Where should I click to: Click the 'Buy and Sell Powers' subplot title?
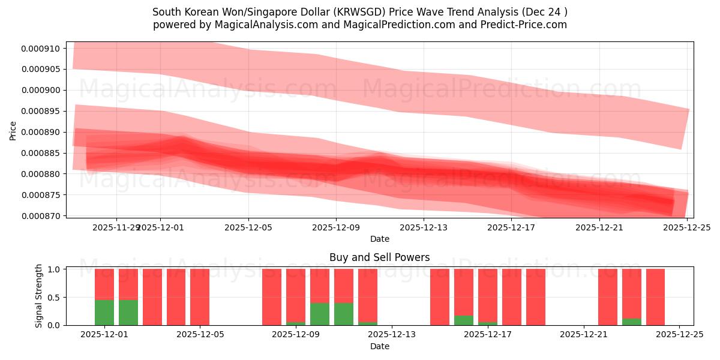379,257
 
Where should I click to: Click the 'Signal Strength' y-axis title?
39,296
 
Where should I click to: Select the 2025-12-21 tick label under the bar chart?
583,334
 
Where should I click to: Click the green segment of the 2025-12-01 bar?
104,313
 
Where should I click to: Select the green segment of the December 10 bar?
320,314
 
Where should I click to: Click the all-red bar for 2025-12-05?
200,297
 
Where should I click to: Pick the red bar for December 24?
655,297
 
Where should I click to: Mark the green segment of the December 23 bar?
632,322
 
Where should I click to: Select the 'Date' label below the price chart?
379,239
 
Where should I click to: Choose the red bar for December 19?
536,297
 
